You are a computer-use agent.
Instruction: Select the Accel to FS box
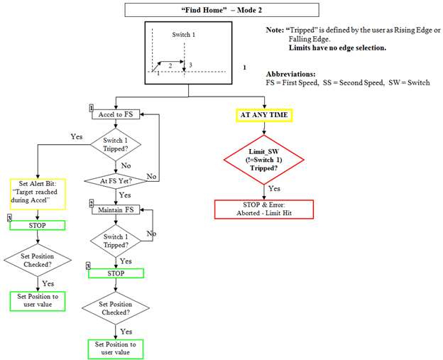(116, 114)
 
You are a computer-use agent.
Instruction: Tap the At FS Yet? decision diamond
(115, 181)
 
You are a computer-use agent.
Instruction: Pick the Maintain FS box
(116, 209)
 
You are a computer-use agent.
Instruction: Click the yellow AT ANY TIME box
(264, 114)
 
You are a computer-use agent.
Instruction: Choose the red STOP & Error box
(264, 209)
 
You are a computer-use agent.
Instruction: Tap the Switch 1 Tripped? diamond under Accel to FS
(115, 145)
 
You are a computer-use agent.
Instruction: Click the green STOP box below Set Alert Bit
(37, 226)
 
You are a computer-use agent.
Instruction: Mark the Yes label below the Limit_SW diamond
(274, 190)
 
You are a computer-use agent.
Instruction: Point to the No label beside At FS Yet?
(151, 175)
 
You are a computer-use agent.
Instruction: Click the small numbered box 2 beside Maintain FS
(92, 204)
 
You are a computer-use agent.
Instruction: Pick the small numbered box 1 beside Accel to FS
(92, 108)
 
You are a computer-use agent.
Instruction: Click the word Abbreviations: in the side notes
(290, 74)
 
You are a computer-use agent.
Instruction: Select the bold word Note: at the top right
(275, 30)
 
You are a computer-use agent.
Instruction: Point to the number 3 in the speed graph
(190, 65)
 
